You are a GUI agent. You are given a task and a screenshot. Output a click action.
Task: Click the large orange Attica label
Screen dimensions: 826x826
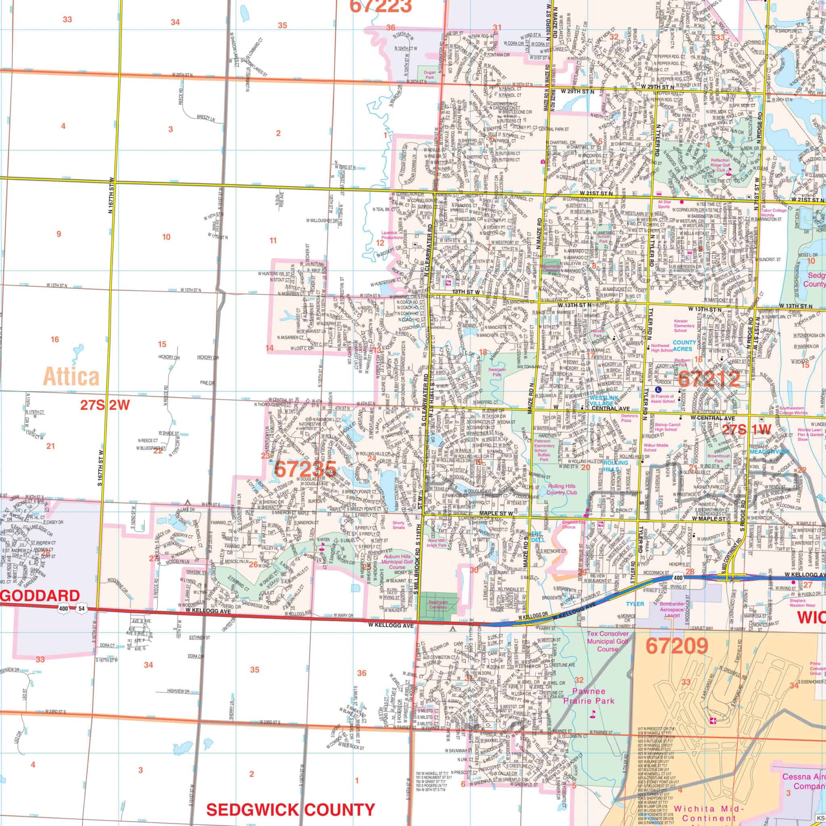tap(71, 377)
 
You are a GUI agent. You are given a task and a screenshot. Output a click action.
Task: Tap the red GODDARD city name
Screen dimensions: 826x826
tap(40, 596)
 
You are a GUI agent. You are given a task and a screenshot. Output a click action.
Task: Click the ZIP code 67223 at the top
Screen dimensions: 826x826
tap(380, 6)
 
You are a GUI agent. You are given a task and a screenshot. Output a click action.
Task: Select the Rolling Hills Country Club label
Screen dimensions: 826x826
tap(562, 489)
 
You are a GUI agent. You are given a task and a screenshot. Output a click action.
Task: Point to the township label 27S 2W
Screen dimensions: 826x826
tap(105, 405)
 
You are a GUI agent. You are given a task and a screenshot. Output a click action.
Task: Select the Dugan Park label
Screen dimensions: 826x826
tap(429, 75)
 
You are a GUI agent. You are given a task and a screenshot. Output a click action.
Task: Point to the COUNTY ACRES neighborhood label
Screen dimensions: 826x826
tap(684, 346)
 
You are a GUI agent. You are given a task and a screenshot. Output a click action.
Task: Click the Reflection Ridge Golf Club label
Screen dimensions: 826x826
tap(720, 165)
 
